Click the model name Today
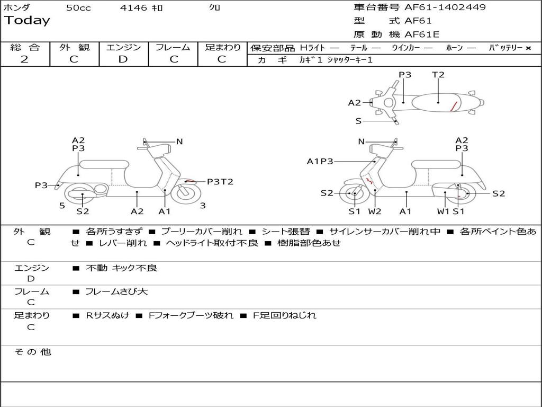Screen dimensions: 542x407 27,21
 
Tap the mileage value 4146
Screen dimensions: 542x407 133,8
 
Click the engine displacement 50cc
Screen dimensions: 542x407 78,8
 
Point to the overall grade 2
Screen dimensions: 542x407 24,59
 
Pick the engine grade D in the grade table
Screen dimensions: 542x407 123,59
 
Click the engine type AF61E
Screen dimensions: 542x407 422,35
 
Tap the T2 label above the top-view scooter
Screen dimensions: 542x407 438,75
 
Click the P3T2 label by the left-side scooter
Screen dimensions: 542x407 220,182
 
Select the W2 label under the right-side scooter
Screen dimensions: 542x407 375,211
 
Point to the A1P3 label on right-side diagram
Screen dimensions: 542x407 320,161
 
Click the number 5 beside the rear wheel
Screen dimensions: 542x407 62,206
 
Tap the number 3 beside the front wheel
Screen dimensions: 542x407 203,206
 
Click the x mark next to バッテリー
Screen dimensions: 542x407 528,48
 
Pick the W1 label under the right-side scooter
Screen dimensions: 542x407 443,211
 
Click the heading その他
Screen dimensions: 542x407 33,352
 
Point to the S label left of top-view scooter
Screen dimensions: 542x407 358,121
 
